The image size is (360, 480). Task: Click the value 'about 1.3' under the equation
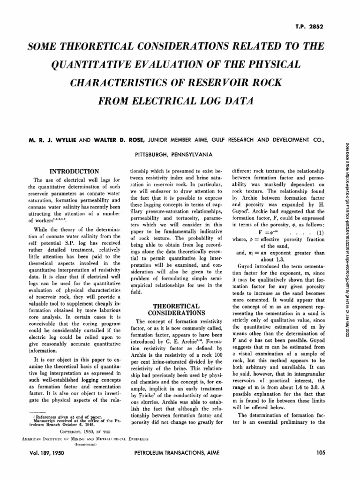click(273, 259)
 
